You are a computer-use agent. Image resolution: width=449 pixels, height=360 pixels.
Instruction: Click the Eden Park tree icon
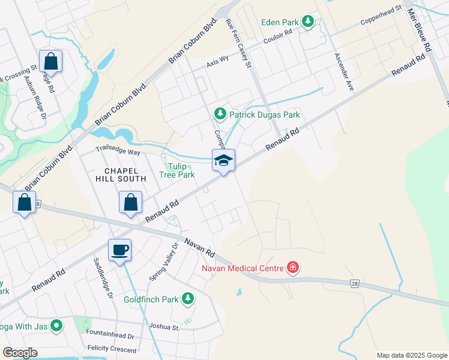coord(308,22)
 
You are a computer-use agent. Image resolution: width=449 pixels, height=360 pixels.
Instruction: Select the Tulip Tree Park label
coord(177,170)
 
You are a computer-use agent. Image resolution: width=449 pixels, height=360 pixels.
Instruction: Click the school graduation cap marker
coord(223,160)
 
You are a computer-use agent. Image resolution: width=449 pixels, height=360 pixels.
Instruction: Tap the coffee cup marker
coord(119,249)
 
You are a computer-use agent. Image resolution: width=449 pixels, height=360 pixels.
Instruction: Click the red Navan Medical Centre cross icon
coord(293,267)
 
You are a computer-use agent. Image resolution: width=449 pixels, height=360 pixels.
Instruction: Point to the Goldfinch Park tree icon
coord(188,298)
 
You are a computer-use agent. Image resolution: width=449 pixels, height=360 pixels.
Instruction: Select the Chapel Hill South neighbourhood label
coord(121,174)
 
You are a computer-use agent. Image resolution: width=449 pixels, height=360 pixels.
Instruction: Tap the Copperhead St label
coord(381,16)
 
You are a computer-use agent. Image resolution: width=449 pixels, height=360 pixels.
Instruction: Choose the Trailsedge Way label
coord(118,152)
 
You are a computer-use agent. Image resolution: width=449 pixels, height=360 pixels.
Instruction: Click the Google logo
coord(20,353)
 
